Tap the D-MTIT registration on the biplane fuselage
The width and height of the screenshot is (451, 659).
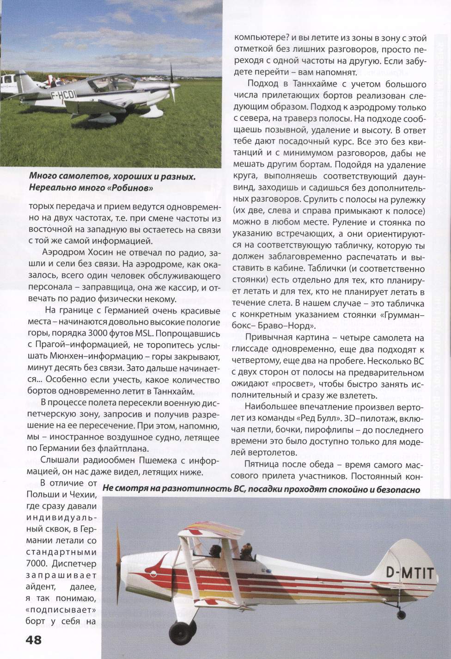410,574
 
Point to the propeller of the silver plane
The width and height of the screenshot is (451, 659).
172,78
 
